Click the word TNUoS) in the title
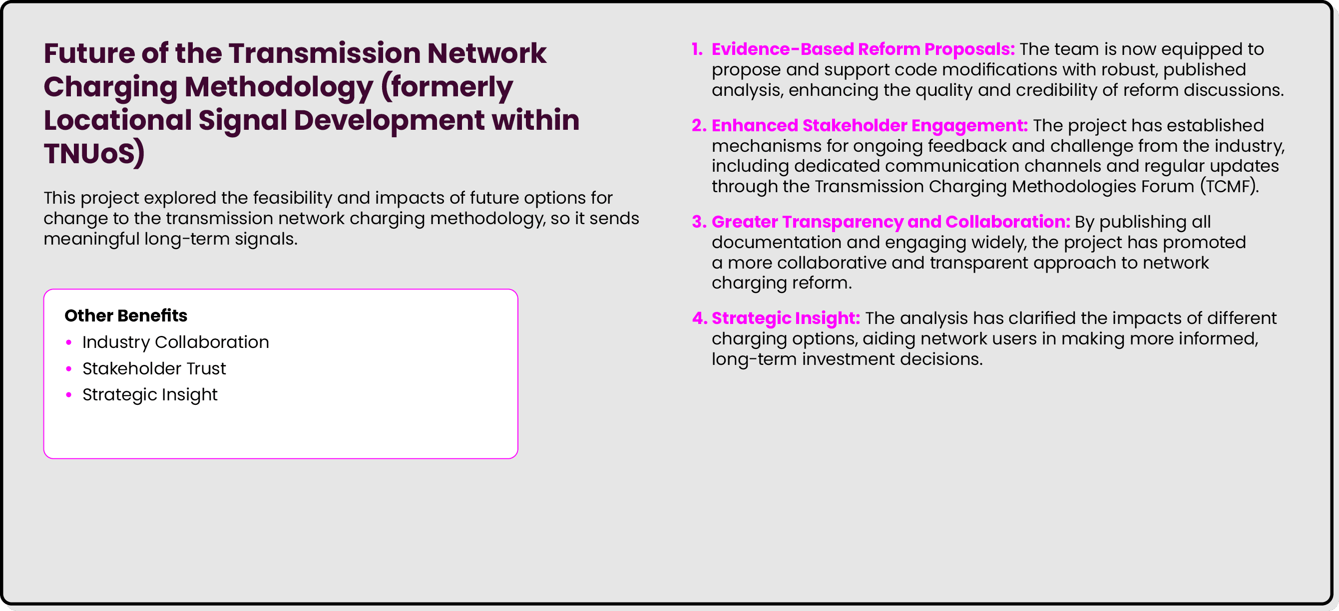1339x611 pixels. pyautogui.click(x=94, y=154)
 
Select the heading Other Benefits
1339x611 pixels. pyautogui.click(x=126, y=315)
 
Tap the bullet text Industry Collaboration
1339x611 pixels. pyautogui.click(x=175, y=342)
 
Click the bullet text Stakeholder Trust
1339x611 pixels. pyautogui.click(x=154, y=368)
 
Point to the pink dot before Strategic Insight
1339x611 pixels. pyautogui.click(x=68, y=394)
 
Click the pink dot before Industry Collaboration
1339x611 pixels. pyautogui.click(x=68, y=342)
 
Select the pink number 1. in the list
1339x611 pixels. pyautogui.click(x=697, y=49)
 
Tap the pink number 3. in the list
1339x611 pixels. pyautogui.click(x=699, y=222)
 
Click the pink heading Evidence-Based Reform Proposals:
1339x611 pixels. pyautogui.click(x=863, y=49)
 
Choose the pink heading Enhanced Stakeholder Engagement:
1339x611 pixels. pyautogui.click(x=869, y=125)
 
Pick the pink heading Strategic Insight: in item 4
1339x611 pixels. pyautogui.click(x=786, y=318)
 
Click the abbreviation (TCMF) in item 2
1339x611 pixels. pyautogui.click(x=1229, y=186)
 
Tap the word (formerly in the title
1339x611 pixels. pyautogui.click(x=447, y=87)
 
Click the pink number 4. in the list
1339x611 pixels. pyautogui.click(x=699, y=318)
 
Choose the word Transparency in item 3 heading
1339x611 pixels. pyautogui.click(x=842, y=222)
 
